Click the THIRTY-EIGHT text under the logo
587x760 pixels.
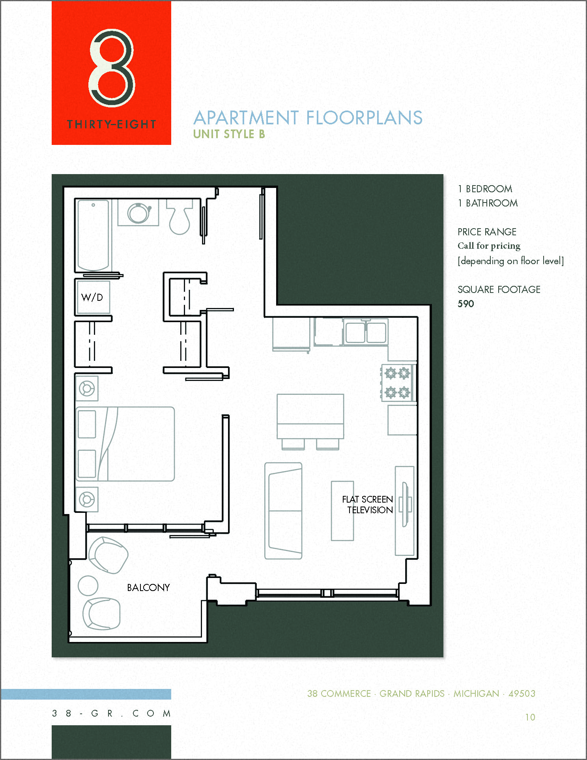click(x=112, y=125)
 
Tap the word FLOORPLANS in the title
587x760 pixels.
click(x=364, y=118)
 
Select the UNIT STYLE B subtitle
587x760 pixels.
click(x=229, y=134)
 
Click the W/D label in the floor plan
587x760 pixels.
click(x=92, y=297)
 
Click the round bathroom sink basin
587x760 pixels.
click(x=138, y=214)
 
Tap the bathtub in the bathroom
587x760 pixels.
click(x=93, y=235)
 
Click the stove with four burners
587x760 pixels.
click(x=398, y=383)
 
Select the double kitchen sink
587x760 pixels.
click(x=366, y=332)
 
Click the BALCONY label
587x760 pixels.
click(x=148, y=587)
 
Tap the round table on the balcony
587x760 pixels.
click(x=88, y=585)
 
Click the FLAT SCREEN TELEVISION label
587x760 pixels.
click(x=367, y=505)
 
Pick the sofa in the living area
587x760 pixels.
click(x=283, y=511)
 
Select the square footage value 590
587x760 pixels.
click(x=465, y=304)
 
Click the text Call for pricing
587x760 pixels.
click(x=489, y=246)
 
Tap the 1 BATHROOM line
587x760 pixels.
click(x=488, y=203)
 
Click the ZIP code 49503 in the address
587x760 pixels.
click(x=522, y=694)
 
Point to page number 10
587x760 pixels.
click(x=530, y=717)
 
